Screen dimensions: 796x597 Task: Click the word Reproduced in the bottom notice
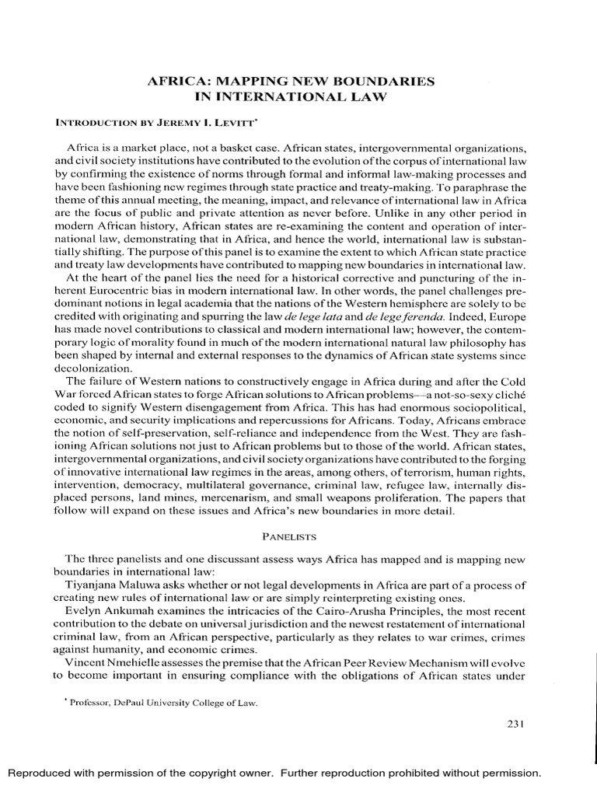pos(39,773)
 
